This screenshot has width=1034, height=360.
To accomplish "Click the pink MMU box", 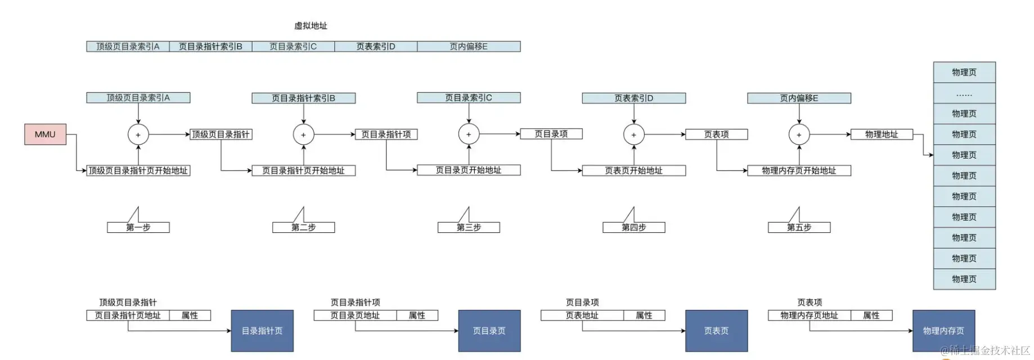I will (45, 134).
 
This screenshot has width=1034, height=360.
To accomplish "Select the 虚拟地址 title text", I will (311, 26).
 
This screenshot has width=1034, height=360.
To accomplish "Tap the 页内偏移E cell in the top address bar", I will (469, 47).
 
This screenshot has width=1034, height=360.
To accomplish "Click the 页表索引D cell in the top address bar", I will (376, 47).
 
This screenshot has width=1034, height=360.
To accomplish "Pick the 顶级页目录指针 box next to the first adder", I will (221, 134).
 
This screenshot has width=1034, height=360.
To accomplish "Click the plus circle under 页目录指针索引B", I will (303, 134).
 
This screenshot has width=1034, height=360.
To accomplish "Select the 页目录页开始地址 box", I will (469, 170).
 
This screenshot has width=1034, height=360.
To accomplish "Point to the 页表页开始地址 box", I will (633, 170).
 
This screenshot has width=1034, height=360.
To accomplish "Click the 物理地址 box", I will (881, 134).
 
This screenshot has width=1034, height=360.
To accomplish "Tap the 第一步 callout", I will (138, 227).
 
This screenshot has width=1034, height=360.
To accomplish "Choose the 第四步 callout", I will (633, 227).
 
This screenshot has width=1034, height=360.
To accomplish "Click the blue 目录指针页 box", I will (262, 331).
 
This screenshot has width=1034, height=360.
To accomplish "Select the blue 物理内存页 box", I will (943, 331).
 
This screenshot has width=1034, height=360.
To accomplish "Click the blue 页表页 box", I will (716, 331).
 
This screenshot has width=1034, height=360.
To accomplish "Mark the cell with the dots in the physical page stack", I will (964, 93).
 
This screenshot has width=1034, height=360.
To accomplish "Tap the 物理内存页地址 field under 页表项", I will (809, 316).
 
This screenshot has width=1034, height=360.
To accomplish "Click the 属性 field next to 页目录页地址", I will (417, 316).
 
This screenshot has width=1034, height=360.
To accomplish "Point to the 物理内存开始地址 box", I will (799, 170).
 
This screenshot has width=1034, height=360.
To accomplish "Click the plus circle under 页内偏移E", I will (799, 134).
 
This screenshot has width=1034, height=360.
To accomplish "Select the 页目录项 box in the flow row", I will (551, 134).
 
